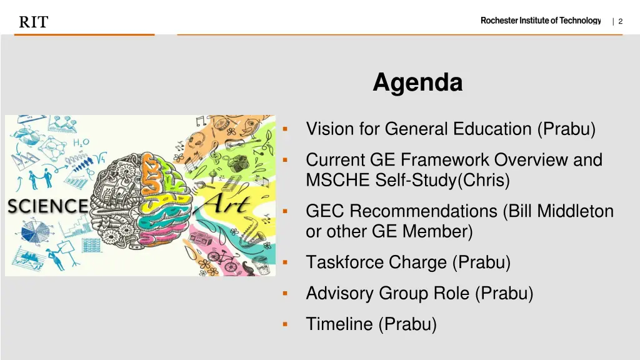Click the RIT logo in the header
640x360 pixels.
point(33,22)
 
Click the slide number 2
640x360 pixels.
point(620,21)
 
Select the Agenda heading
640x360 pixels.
point(417,82)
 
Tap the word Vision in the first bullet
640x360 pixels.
point(329,129)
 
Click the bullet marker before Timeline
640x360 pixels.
point(284,324)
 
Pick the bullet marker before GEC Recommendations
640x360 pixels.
point(284,211)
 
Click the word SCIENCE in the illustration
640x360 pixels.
point(47,206)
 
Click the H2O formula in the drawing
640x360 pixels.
point(81,143)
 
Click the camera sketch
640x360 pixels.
point(238,162)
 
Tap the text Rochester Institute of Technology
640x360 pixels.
point(540,21)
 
